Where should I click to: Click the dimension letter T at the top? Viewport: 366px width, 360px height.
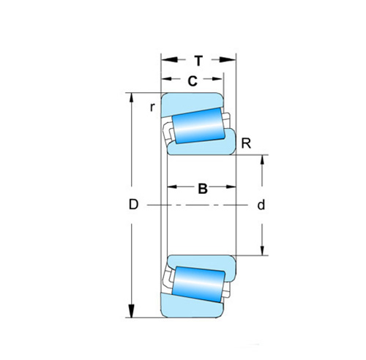198,61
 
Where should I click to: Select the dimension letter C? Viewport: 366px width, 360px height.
193,81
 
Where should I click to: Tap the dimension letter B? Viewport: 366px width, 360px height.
203,189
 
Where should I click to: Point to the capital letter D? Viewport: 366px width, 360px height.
133,204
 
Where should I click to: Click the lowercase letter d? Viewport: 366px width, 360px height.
261,205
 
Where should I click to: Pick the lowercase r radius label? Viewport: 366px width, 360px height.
152,107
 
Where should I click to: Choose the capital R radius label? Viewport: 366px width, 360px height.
246,143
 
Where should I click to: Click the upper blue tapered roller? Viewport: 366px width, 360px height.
198,126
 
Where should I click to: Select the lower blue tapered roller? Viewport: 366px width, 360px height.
198,285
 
